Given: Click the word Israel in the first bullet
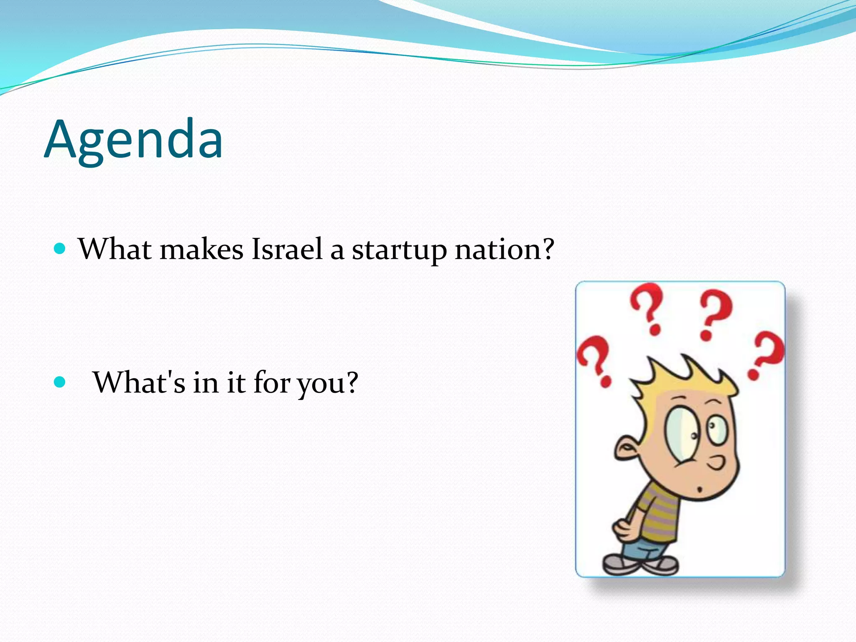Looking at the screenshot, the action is [287, 249].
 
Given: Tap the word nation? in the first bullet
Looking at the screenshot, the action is [504, 249].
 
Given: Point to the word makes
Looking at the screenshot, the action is [201, 249].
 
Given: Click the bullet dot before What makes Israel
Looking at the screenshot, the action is [60, 250].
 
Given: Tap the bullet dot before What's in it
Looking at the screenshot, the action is [60, 382].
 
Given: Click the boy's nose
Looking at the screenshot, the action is [717, 463].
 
